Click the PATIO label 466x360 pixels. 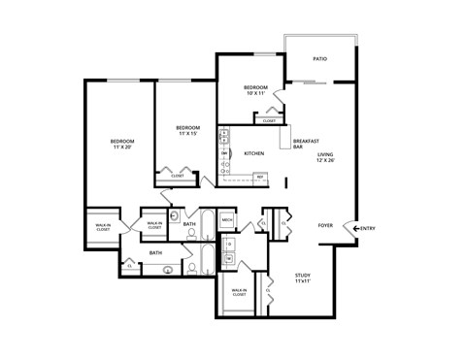[319, 59]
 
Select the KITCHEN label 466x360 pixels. [254, 153]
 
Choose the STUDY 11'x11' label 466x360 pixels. [303, 278]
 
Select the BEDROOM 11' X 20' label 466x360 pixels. [121, 145]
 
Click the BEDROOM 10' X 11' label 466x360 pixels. [257, 90]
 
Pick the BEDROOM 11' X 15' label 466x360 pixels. [187, 131]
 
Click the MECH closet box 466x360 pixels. [226, 220]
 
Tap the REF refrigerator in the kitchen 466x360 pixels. [259, 177]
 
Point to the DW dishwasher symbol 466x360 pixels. [224, 153]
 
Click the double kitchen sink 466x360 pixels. [224, 137]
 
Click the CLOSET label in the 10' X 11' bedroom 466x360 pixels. [268, 120]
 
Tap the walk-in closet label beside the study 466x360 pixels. [238, 292]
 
